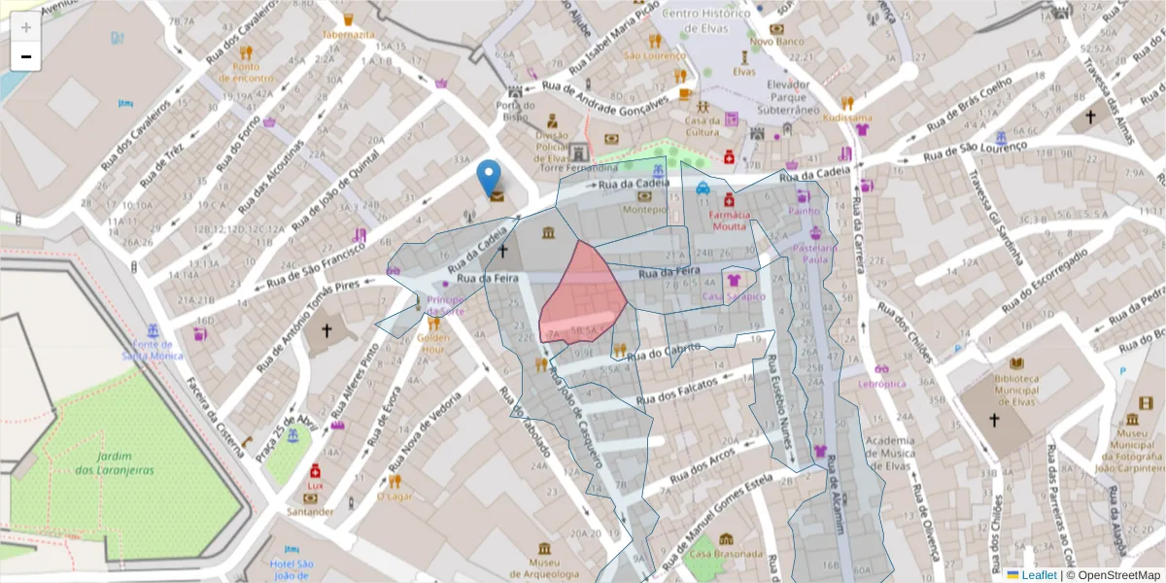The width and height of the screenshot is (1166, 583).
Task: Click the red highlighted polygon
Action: click(583, 291)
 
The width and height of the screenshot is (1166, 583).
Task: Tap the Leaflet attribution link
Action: click(1039, 575)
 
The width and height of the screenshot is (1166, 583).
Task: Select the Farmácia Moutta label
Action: click(729, 220)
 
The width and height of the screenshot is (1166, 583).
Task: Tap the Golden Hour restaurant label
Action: click(432, 343)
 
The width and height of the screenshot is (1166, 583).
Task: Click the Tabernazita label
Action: click(348, 34)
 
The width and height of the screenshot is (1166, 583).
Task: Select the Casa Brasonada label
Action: click(724, 554)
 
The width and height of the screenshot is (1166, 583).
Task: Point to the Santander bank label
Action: click(310, 511)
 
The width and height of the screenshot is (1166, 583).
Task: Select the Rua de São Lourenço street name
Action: click(975, 151)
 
